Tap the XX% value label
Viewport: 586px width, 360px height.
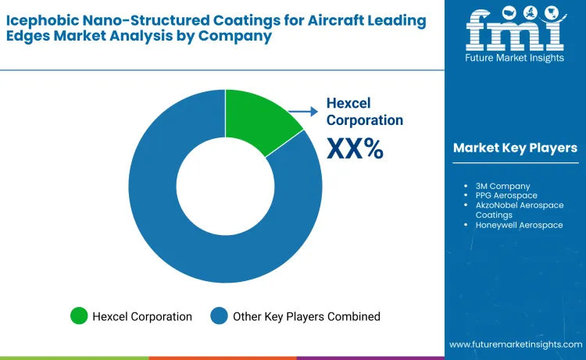355,148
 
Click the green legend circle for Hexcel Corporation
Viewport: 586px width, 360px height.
79,316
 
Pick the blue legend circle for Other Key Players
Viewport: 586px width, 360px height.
220,316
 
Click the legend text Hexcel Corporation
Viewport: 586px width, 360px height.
142,316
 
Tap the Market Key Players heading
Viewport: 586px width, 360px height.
515,148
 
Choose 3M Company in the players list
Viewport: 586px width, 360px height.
502,186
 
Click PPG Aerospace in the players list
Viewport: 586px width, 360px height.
506,195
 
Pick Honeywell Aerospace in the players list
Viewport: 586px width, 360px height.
518,224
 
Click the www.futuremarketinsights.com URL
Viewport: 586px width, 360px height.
514,344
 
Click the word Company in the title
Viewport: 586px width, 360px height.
235,36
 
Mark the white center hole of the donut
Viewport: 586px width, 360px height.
225,186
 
